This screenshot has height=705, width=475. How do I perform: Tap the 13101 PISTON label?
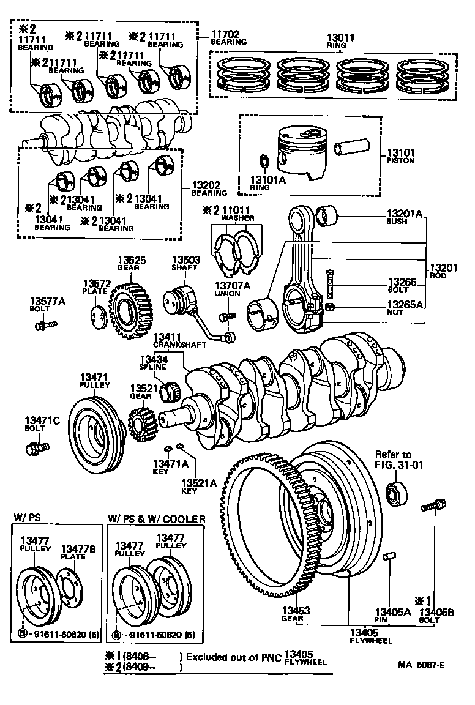(x=400, y=157)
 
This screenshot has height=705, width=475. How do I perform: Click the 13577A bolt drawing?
(x=47, y=324)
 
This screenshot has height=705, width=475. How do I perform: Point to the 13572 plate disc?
(x=97, y=319)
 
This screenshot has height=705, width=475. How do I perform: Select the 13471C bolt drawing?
(x=34, y=449)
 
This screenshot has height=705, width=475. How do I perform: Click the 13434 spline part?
(x=168, y=390)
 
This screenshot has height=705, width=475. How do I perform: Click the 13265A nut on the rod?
(x=329, y=305)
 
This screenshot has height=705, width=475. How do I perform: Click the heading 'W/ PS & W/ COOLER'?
(x=157, y=519)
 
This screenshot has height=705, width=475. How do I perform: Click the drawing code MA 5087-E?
(x=422, y=662)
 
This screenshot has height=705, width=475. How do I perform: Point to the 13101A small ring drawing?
(x=265, y=162)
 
